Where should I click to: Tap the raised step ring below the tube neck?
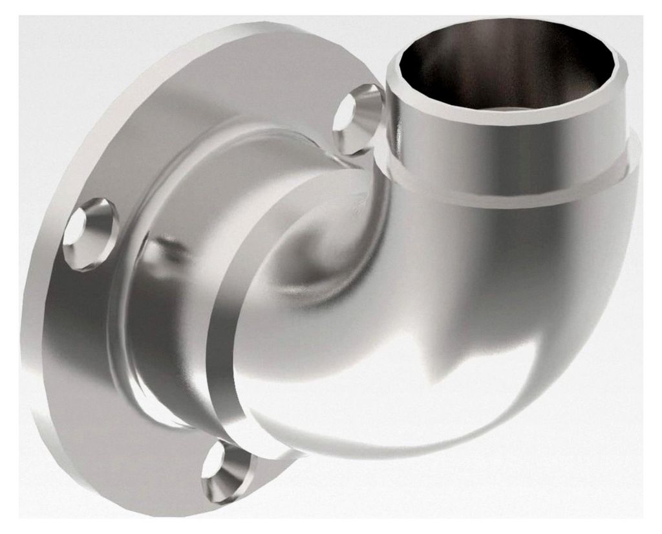[517, 191]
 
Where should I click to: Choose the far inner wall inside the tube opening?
[517, 52]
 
